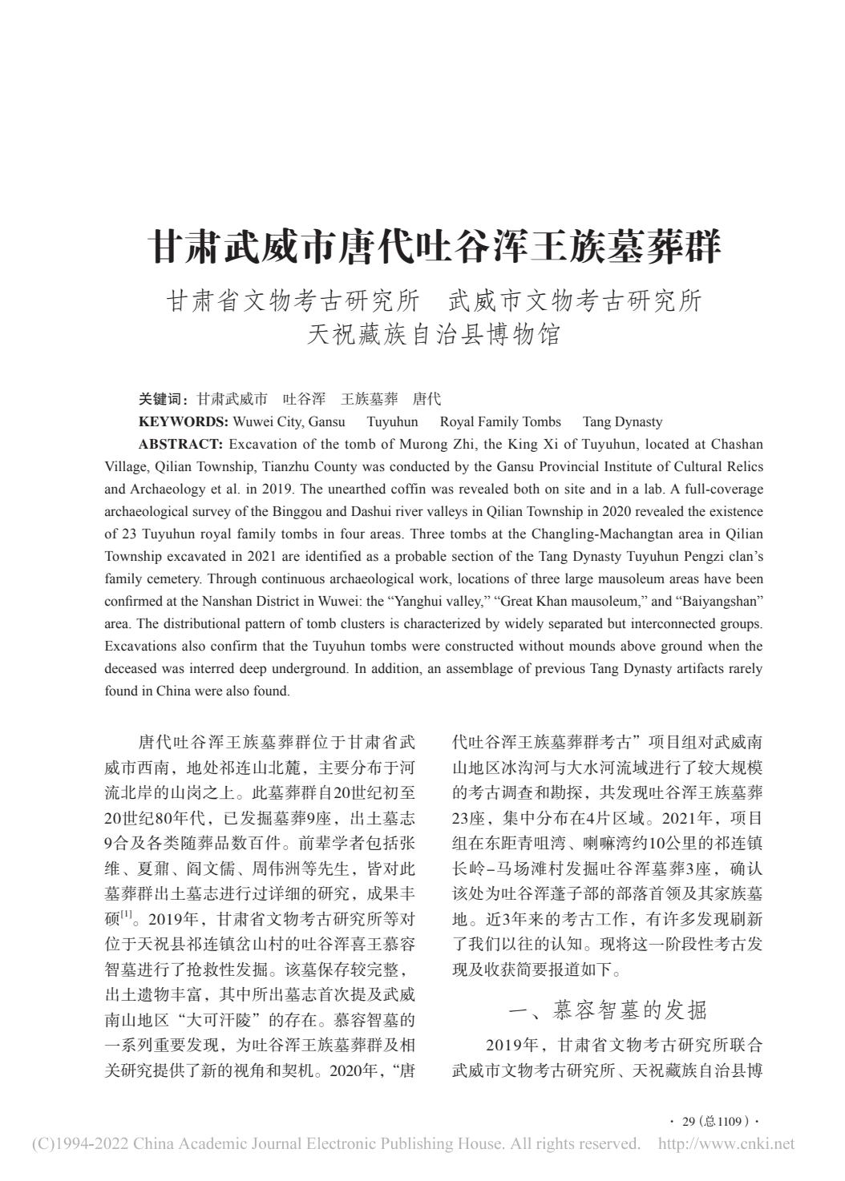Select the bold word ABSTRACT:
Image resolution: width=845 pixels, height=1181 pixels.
[x=180, y=444]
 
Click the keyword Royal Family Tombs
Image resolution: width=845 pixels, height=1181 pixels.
[x=500, y=421]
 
